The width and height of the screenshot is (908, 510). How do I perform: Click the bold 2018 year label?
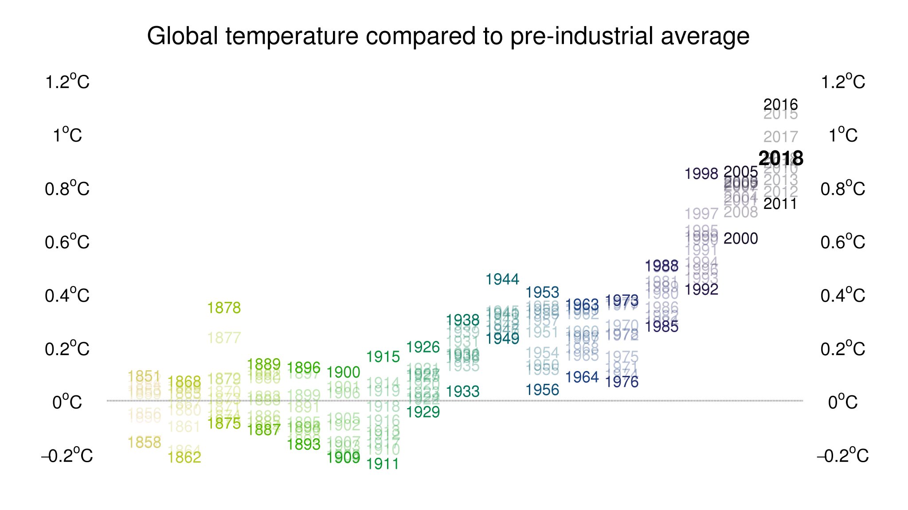tap(781, 158)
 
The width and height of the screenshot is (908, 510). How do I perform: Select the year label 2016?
tap(780, 105)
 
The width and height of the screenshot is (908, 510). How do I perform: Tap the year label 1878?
tap(224, 308)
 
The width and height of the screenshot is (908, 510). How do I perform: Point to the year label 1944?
tap(502, 279)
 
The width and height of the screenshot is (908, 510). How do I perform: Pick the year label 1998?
tap(701, 174)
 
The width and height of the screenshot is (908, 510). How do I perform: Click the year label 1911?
tap(383, 464)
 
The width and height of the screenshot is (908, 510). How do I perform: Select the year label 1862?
tap(184, 457)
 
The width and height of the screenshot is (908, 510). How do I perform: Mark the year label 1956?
tap(542, 390)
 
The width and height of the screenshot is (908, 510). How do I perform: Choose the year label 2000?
tap(740, 239)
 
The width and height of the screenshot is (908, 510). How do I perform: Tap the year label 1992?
tap(701, 290)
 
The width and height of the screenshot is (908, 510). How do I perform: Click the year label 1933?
tap(462, 392)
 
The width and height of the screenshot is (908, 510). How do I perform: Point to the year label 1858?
tap(145, 442)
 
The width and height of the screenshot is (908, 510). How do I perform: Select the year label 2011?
tap(780, 204)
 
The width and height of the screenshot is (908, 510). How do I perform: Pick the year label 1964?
tap(582, 377)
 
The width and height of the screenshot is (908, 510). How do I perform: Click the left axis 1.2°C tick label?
tap(67, 82)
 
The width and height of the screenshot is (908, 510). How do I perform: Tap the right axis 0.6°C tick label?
tap(842, 243)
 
